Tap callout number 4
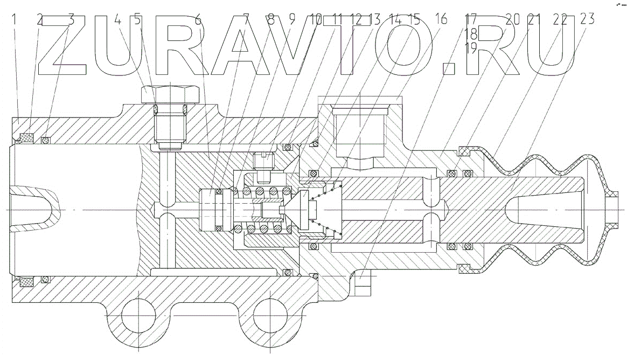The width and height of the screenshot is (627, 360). pos(118,20)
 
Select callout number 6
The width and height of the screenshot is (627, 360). pos(198,20)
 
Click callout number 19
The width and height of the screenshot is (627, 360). pos(471,46)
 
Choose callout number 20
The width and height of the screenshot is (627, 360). pos(512,20)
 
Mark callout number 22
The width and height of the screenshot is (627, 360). pos(560,20)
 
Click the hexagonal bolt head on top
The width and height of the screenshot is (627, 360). pos(169,95)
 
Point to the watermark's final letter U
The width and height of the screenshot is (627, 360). pos(544,46)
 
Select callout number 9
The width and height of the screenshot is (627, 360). pos(292,20)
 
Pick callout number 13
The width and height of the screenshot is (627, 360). pos(375,20)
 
